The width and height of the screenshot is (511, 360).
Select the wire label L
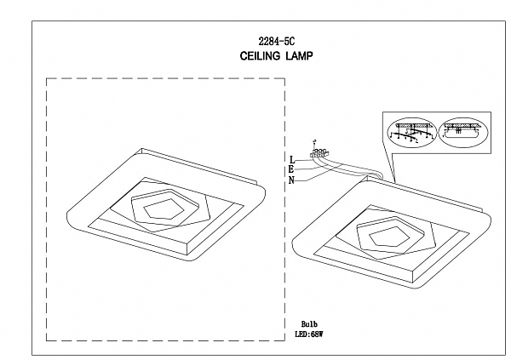tap(292, 159)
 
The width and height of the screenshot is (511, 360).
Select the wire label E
tap(292, 169)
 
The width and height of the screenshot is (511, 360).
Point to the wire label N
tap(292, 180)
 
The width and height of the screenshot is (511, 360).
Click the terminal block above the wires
tap(319, 153)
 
